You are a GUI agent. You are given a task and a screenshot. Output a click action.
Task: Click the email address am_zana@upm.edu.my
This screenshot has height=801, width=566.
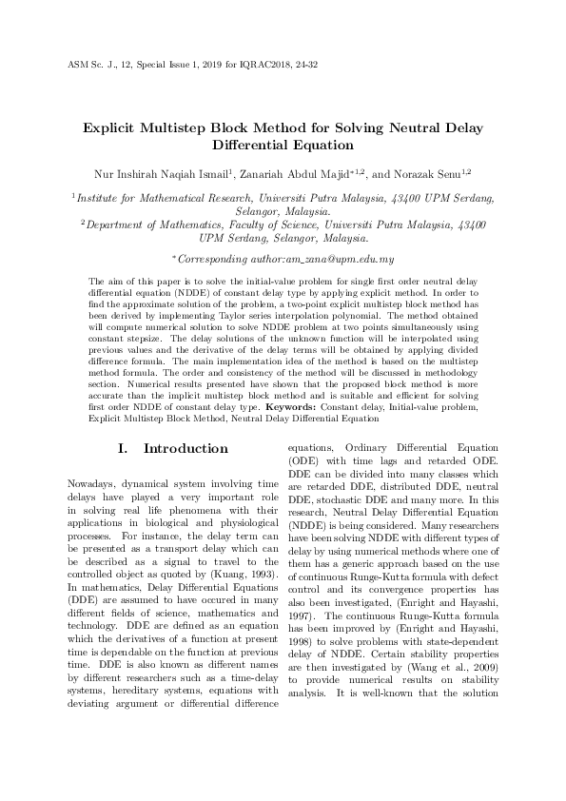[344, 259]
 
